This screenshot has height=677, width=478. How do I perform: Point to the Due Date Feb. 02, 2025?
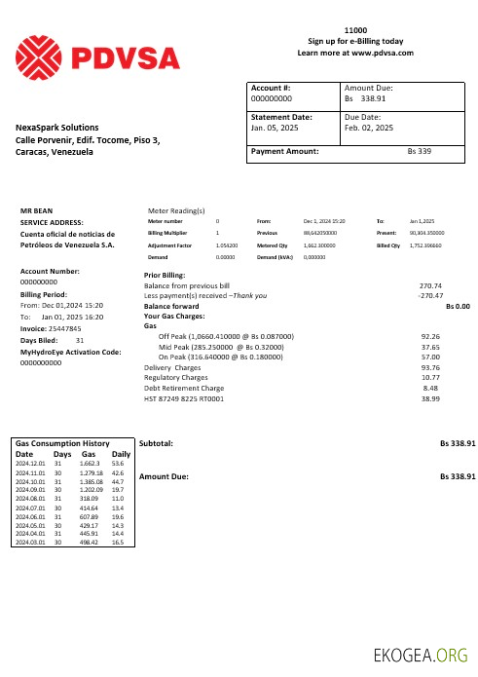(369, 128)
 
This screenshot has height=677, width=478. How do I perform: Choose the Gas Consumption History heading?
(61, 443)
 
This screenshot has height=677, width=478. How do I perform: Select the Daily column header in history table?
(122, 454)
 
